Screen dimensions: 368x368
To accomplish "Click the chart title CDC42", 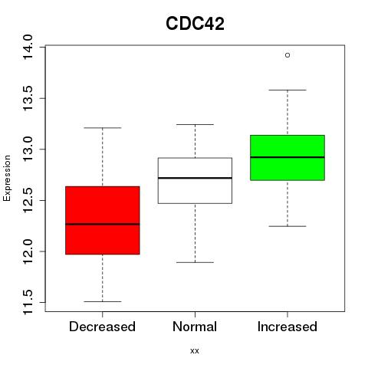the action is [195, 24].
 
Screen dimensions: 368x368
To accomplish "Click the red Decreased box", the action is [103, 220].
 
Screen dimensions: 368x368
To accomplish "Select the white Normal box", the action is [195, 181].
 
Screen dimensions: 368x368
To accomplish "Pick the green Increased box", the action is [287, 158].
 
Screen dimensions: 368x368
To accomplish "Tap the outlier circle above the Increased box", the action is [287, 55].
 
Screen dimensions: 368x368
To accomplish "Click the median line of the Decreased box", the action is [103, 224].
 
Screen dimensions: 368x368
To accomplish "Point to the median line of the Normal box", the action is [195, 178].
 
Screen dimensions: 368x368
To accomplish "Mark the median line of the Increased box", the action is [287, 157].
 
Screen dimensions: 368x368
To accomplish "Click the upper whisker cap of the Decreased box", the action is [103, 128].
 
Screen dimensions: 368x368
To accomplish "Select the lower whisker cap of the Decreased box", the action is [103, 301].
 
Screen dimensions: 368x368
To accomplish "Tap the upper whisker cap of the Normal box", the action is [195, 124].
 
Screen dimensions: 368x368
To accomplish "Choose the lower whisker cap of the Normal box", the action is [195, 262].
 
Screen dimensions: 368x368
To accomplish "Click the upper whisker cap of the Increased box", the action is [287, 90].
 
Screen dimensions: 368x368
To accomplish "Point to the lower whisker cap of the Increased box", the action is [287, 226].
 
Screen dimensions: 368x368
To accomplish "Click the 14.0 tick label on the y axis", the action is [28, 47].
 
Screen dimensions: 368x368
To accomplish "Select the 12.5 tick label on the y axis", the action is [28, 200].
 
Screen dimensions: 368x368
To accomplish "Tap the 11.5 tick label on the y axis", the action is [28, 302].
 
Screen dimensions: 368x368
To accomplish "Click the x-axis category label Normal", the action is [195, 327].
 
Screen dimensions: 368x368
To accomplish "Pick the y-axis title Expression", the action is [7, 178].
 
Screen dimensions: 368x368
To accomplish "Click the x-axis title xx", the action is [195, 351].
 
